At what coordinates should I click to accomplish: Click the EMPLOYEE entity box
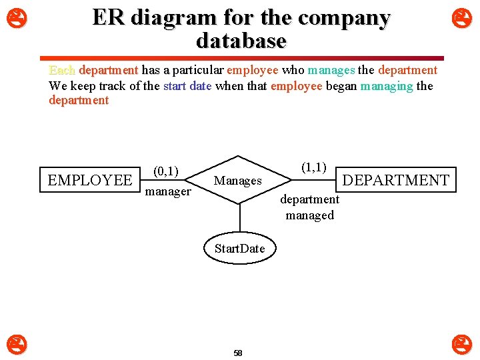click(x=90, y=180)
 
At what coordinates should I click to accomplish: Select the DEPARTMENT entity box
click(x=395, y=180)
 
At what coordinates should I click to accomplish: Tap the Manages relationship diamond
click(x=238, y=181)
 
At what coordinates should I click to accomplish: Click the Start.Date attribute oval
click(x=239, y=249)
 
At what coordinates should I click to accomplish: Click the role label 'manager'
click(x=168, y=191)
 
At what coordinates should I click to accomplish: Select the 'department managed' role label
click(x=309, y=207)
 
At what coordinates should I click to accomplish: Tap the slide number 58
click(x=238, y=353)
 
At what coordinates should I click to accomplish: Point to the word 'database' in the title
click(x=241, y=41)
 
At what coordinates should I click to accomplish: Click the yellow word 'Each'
click(x=62, y=71)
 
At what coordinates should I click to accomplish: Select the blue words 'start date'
click(x=187, y=86)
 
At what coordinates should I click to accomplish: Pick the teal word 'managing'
click(x=387, y=86)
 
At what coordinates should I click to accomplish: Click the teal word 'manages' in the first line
click(x=331, y=71)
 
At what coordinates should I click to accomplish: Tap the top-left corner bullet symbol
click(x=17, y=17)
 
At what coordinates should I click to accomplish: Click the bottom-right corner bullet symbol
click(x=461, y=344)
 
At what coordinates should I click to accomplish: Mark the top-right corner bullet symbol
click(x=461, y=17)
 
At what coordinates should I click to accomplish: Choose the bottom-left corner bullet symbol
click(x=17, y=344)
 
